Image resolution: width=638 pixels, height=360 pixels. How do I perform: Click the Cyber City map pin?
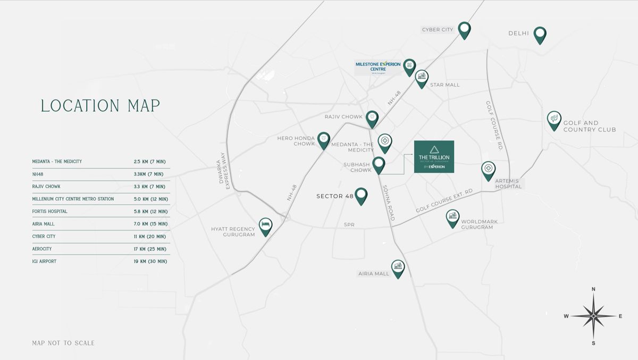[x=465, y=29]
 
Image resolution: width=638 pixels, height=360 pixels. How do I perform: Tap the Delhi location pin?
[x=540, y=34]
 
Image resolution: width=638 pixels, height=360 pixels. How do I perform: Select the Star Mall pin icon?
[x=422, y=78]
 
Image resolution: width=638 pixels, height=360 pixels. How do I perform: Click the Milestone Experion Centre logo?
[x=378, y=66]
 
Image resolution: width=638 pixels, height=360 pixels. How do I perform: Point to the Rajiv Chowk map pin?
[x=372, y=118]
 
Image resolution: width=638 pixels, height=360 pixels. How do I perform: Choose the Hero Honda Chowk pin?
[x=324, y=139]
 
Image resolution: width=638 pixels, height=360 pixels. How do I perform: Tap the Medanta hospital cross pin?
[x=385, y=142]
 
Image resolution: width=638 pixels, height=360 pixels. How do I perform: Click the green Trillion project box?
[x=434, y=157]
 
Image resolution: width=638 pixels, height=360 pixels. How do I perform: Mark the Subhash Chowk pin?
[x=379, y=164]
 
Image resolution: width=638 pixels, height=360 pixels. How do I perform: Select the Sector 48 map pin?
[x=362, y=195]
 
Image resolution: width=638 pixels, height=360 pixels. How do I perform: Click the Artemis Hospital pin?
[x=488, y=170]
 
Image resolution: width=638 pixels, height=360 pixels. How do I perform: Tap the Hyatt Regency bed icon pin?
[x=265, y=226]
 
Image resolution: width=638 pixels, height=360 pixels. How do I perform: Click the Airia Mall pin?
[x=398, y=267]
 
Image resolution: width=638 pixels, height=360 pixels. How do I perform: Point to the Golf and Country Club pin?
[x=554, y=119]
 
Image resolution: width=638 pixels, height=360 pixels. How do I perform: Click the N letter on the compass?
[x=593, y=290]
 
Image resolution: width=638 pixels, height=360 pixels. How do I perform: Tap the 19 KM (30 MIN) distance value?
[x=150, y=262]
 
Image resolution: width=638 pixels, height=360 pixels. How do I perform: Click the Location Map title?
[x=100, y=106]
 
